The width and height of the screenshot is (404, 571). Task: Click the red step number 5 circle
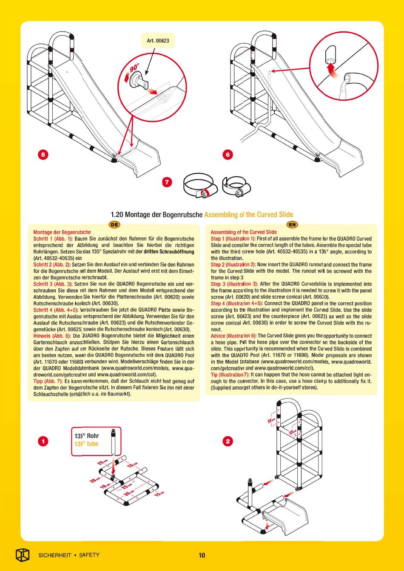click(x=43, y=155)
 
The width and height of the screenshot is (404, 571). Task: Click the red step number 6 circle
click(x=228, y=155)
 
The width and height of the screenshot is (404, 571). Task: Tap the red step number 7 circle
click(x=167, y=182)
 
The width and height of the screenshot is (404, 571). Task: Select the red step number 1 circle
click(x=43, y=441)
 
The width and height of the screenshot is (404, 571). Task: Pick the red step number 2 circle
click(x=228, y=441)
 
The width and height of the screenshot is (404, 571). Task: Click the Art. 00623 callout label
click(x=158, y=41)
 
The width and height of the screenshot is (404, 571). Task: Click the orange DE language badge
click(x=114, y=225)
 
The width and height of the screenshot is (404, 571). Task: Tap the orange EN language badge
click(x=292, y=225)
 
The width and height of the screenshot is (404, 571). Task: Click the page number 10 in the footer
click(x=202, y=555)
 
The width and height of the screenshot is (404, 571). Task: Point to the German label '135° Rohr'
click(x=86, y=436)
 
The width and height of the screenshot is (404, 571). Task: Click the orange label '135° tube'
click(x=86, y=444)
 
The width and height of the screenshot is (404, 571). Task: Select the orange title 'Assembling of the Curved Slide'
click(x=248, y=215)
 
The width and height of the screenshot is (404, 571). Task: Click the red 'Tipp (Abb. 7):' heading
click(x=48, y=381)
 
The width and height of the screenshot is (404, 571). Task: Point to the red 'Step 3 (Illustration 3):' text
click(x=234, y=284)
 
